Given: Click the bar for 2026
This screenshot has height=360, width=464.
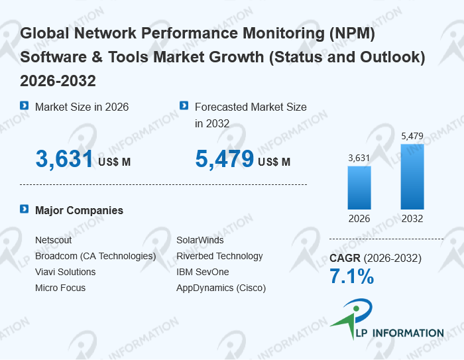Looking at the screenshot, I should pos(359,188).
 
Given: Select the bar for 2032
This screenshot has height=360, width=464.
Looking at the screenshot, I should pos(412,177).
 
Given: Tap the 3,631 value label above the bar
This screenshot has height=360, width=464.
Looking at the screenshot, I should pos(359,158).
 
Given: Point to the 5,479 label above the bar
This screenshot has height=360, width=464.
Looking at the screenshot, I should pos(412,136).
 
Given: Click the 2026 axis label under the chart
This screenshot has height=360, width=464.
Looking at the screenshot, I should pos(359,219).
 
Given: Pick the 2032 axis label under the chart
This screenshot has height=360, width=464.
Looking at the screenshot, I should pos(412,219).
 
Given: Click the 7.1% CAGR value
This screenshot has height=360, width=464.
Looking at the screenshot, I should pos(351,277).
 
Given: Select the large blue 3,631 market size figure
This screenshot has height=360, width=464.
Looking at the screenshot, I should pos(64,159).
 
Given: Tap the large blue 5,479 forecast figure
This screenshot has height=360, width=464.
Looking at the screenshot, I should pos(224,159).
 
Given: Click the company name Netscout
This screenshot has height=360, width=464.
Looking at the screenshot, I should pos(53,240).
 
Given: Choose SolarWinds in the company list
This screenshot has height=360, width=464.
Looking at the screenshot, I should pos(200,240).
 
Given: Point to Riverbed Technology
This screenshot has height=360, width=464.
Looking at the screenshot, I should pos(219,256).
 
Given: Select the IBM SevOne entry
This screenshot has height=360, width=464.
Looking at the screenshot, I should pos(202,272).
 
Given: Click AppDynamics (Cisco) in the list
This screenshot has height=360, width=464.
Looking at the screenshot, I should pos(221,288).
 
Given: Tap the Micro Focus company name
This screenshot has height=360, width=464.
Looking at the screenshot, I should pos(60,288).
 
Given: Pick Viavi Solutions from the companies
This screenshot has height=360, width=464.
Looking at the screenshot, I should pos(65,272).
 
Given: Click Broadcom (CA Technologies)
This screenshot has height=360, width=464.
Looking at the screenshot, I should pos(95,256).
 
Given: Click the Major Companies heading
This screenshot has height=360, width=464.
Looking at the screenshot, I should pos(79,210).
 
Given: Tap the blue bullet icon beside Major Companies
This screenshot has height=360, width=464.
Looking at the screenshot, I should pos(24,210).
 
